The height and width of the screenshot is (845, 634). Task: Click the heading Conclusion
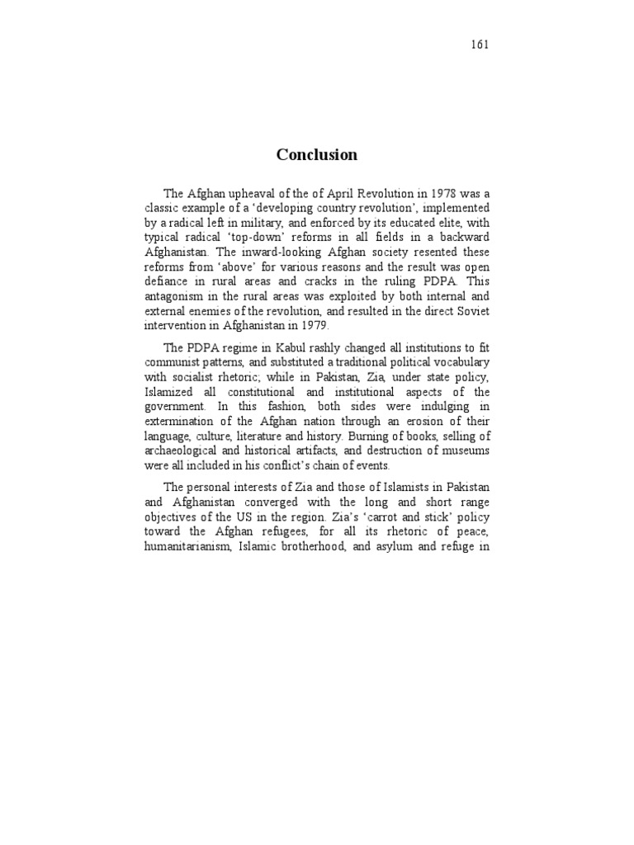coord(317,155)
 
